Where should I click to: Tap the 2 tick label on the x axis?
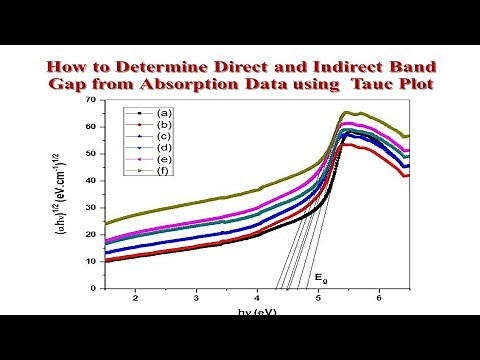[134, 298]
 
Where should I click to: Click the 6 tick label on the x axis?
[379, 298]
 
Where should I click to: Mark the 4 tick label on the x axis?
[257, 298]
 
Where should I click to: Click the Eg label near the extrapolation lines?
[321, 275]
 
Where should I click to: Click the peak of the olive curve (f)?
[347, 113]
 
